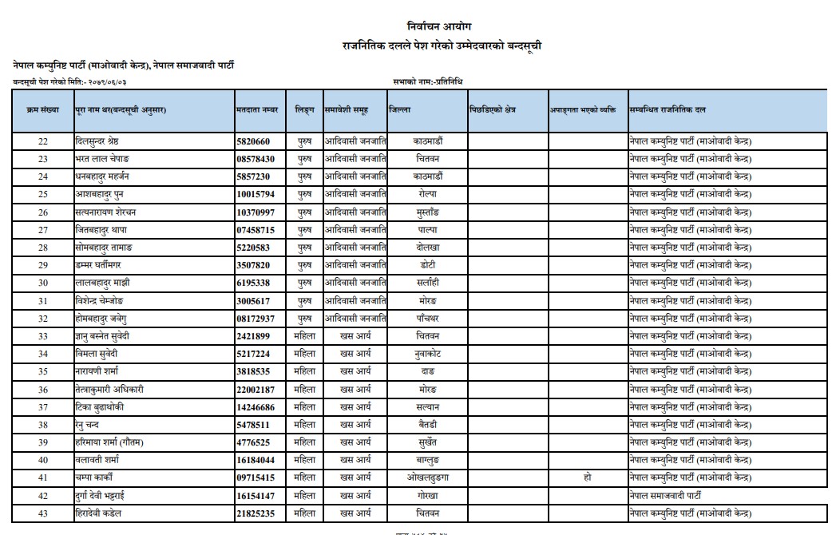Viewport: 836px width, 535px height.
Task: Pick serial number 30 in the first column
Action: click(43, 283)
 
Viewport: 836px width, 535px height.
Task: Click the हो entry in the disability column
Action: click(587, 478)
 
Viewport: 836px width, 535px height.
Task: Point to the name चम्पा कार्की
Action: click(96, 478)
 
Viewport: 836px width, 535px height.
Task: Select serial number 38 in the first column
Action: click(43, 424)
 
